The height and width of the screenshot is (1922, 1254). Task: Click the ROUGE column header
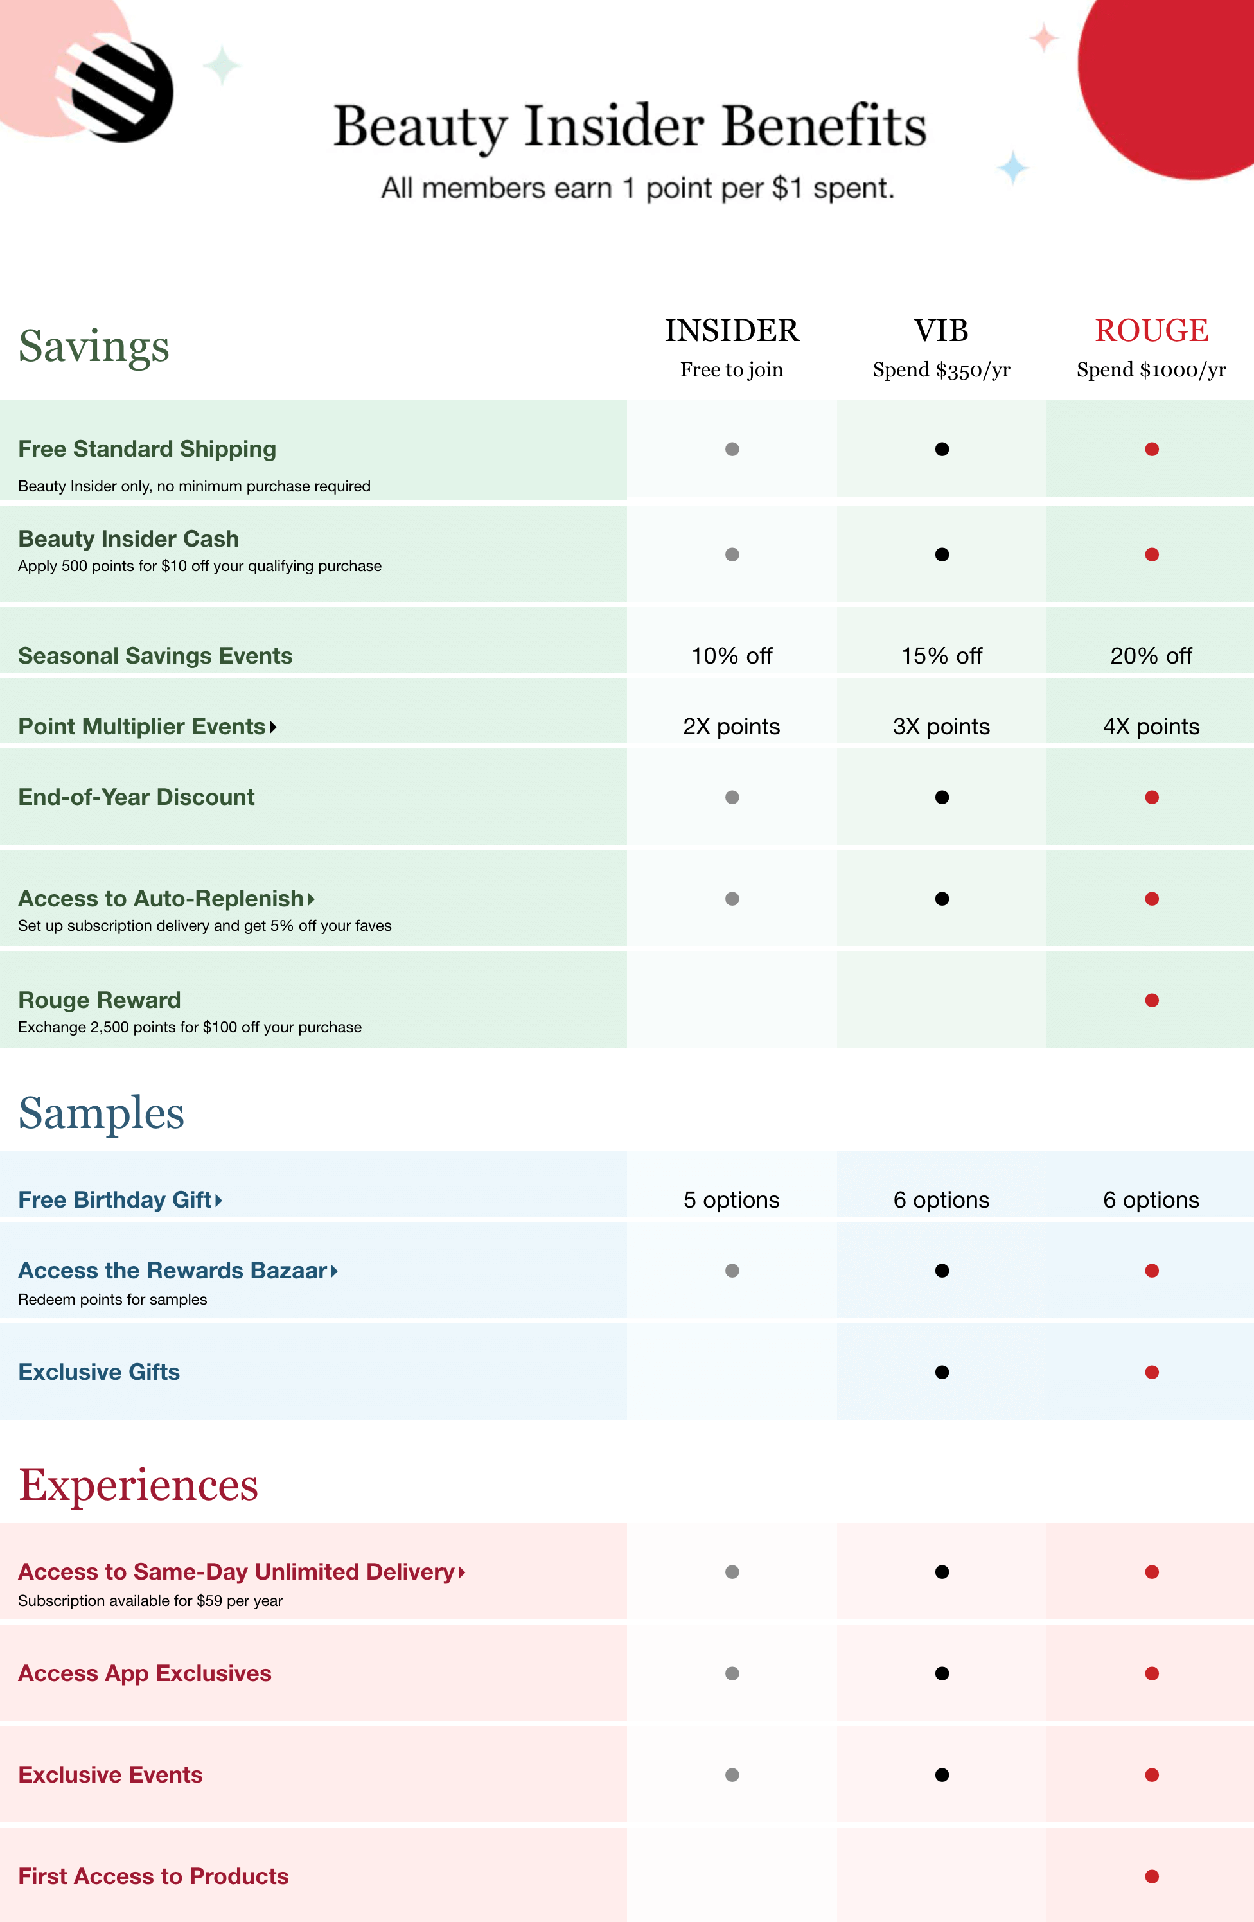(1151, 330)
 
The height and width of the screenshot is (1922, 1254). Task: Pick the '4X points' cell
(1151, 726)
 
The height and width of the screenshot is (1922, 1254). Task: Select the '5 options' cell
(731, 1199)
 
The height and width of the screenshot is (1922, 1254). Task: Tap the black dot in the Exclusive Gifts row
(942, 1372)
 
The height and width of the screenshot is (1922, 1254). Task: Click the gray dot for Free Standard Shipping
(732, 449)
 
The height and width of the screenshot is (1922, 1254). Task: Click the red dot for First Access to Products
(1151, 1876)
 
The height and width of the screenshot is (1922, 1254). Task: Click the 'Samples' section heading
(101, 1113)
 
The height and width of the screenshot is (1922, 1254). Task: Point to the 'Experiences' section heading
(138, 1485)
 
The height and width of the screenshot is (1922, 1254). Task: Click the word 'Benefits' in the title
(824, 126)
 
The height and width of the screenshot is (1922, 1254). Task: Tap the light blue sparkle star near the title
(1012, 168)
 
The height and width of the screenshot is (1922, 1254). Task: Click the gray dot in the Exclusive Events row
(732, 1774)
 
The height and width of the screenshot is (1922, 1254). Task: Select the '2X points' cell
(731, 726)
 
